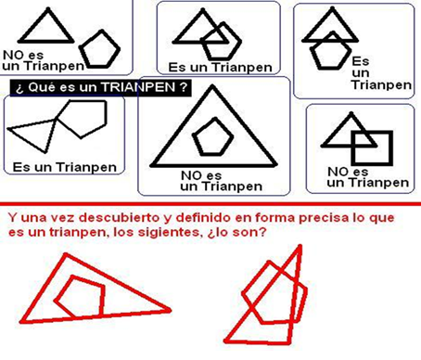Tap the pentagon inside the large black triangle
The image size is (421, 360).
[212, 136]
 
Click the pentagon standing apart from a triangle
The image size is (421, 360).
[96, 47]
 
